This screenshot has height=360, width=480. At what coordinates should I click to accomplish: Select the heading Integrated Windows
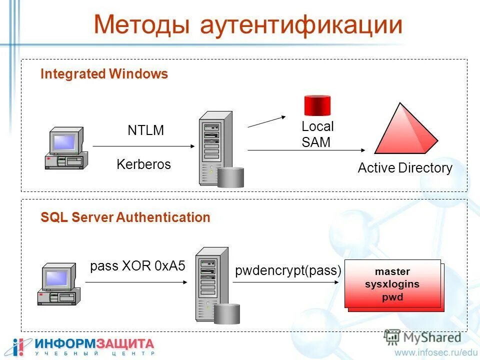(104, 74)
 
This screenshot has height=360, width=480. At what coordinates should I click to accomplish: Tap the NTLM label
(145, 131)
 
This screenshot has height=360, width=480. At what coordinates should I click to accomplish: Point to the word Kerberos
(143, 164)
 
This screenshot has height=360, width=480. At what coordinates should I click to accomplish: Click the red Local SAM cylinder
(318, 105)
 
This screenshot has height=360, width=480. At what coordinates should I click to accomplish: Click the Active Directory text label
(404, 168)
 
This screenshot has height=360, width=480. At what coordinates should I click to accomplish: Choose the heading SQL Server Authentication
(125, 217)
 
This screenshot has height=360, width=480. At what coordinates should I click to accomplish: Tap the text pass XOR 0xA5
(137, 266)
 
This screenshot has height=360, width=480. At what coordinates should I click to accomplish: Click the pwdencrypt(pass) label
(288, 271)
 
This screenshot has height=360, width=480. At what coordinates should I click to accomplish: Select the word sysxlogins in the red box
(392, 284)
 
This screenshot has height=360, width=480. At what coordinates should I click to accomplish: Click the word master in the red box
(392, 272)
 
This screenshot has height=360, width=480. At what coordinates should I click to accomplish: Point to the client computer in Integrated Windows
(66, 148)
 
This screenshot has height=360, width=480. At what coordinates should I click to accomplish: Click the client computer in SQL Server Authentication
(59, 284)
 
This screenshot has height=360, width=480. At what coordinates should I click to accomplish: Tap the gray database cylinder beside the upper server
(230, 177)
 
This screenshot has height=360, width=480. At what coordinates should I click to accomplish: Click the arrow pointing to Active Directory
(306, 150)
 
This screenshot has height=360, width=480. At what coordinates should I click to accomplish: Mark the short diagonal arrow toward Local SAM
(266, 121)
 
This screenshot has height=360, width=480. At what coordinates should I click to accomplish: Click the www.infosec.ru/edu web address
(436, 352)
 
